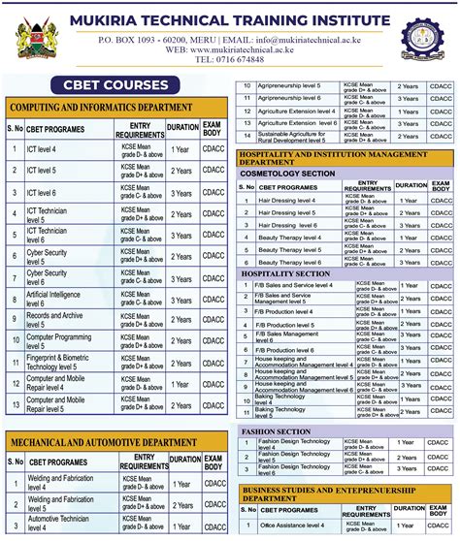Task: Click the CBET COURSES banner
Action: (x=116, y=84)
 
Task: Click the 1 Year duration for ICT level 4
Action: (x=181, y=149)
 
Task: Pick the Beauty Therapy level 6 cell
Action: (x=291, y=262)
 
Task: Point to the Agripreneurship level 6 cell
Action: (x=291, y=98)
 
